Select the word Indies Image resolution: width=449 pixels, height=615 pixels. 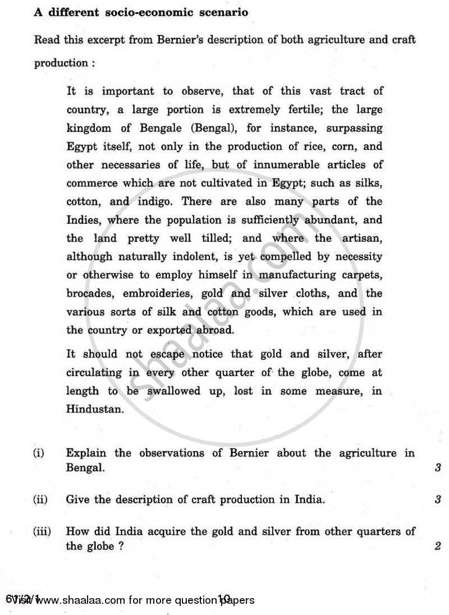point(83,220)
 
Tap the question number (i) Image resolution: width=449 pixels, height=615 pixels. point(40,453)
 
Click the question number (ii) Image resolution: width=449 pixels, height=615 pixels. point(41,499)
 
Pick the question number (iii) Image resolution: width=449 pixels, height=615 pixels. point(43,531)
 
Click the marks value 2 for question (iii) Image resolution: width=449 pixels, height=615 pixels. point(437,545)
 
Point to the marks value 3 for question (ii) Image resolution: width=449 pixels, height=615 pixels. point(437,499)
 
